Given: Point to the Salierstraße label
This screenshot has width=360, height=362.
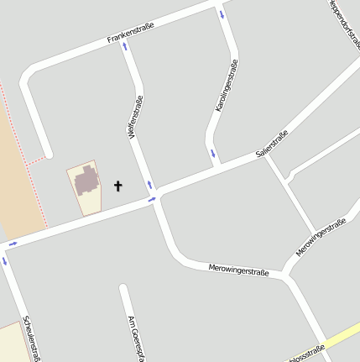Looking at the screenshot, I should [x=272, y=144].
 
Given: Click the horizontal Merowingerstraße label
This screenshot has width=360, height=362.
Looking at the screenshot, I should [x=238, y=270].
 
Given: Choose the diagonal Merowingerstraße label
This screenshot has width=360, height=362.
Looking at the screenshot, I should [x=321, y=239].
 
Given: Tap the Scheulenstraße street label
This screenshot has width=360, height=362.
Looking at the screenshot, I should [x=32, y=338].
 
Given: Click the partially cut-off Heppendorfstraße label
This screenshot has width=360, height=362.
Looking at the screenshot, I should [x=344, y=22].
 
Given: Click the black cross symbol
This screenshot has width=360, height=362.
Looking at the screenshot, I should [x=117, y=186].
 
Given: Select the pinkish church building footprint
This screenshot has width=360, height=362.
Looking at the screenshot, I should [x=86, y=181].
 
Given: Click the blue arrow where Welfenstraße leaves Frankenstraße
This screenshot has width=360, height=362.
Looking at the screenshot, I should [x=125, y=46].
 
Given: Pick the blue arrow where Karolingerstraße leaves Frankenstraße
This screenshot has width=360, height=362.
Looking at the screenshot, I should [x=222, y=13].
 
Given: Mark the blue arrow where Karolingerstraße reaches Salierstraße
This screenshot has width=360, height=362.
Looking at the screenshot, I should [x=213, y=154].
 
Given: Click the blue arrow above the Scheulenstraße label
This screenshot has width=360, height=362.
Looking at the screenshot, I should [x=3, y=261].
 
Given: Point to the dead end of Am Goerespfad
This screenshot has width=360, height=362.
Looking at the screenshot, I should [x=123, y=288].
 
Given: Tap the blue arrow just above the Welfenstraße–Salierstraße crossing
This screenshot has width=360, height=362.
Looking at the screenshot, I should [x=150, y=185].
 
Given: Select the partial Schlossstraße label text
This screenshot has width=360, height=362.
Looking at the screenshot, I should [x=305, y=354].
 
